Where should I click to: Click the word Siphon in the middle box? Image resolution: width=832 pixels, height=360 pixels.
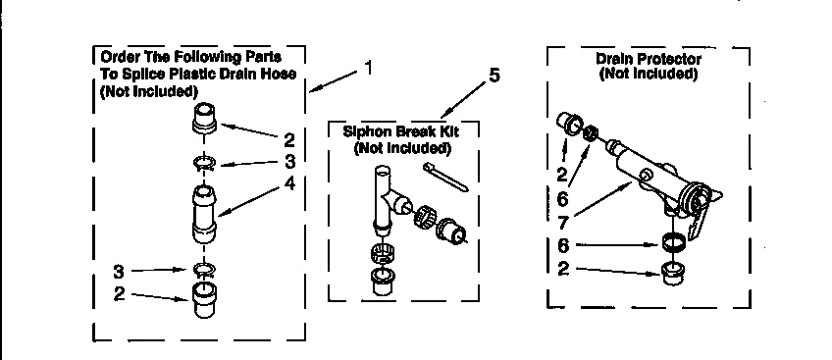tap(364, 131)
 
